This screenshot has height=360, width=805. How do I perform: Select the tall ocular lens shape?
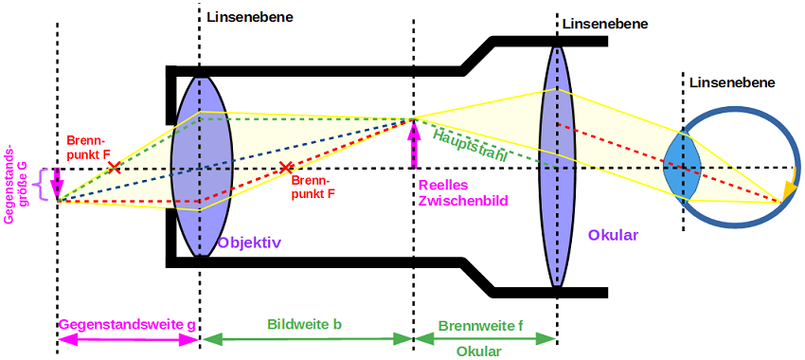pos(557,167)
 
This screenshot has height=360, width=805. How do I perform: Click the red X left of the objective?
pos(114,168)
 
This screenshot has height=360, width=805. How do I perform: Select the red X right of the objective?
pos(286,168)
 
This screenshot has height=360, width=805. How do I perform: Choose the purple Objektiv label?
pos(249,243)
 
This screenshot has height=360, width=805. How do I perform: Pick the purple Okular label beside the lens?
pos(613,235)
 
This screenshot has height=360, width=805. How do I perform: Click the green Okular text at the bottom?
pos(478,351)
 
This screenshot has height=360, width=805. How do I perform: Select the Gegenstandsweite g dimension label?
pos(128,325)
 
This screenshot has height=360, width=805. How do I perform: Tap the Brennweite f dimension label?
pos(480,325)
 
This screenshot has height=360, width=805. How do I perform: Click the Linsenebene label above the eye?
pos(732,82)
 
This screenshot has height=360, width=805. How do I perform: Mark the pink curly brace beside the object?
pos(39,181)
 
